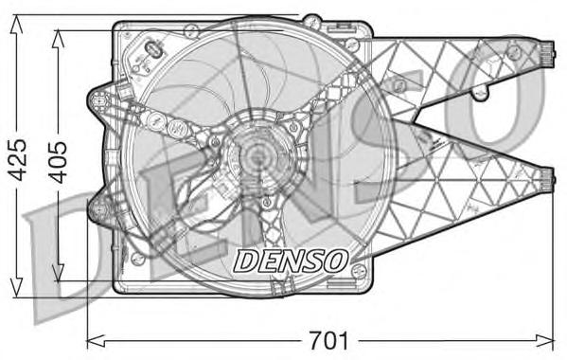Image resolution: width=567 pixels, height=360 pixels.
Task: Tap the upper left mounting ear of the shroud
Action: (x=97, y=98)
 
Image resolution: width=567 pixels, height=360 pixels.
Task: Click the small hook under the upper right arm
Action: (x=482, y=92)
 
